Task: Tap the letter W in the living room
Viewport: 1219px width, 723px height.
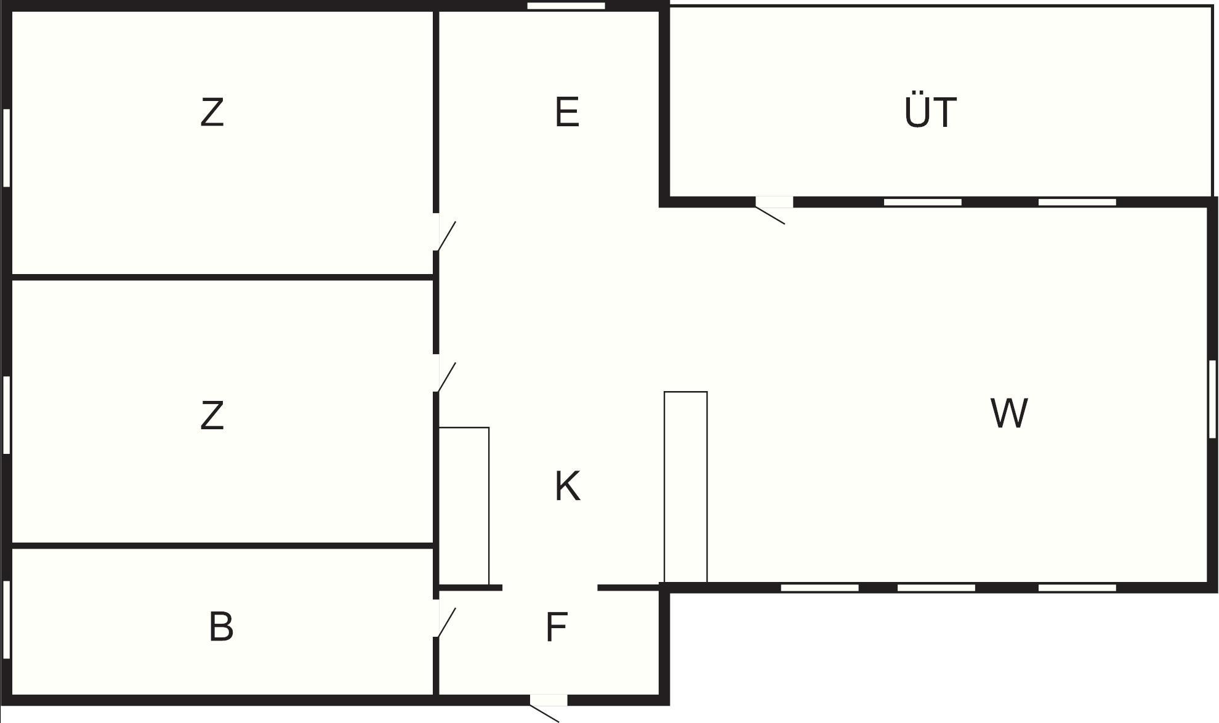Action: coord(1009,413)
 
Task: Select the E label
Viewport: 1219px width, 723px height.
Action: coord(567,113)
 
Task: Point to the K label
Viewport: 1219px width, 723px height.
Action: coord(567,487)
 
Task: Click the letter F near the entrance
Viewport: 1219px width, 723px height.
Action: coord(556,628)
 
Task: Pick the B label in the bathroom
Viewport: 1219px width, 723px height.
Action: coord(221,627)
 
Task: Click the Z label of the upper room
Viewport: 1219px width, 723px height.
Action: coord(212,113)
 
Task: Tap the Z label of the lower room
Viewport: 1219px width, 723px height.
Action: coord(212,416)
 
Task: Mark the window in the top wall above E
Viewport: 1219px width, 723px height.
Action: coord(566,6)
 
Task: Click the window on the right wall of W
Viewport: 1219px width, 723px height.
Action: coord(1212,398)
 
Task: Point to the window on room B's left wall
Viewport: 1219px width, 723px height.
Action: coord(7,620)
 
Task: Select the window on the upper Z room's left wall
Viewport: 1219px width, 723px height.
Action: coord(7,148)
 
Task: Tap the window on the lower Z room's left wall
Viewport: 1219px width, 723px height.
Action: coord(7,414)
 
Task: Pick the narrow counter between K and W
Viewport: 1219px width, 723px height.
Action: coord(685,487)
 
